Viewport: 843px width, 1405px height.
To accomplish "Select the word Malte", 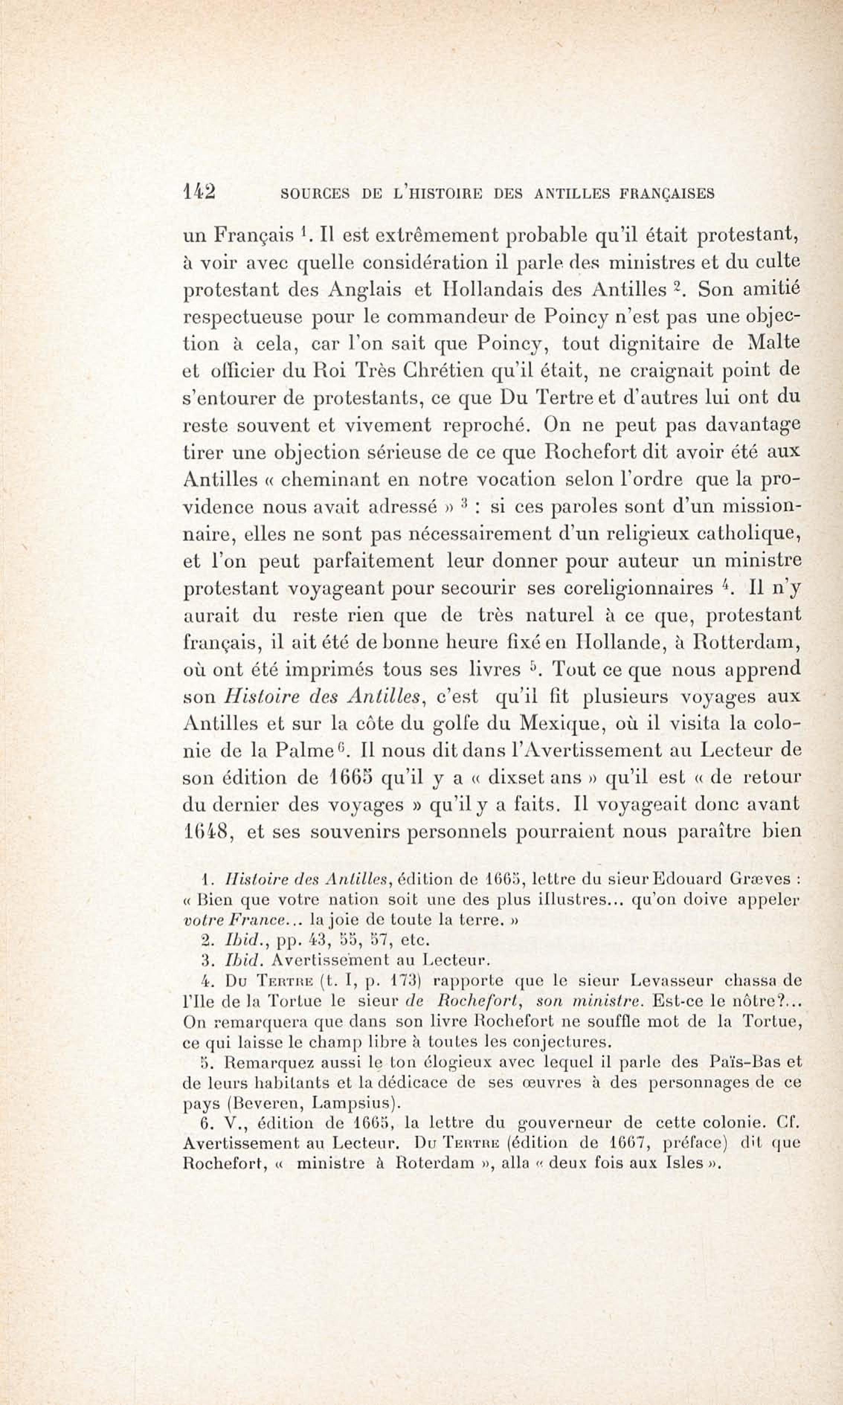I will pyautogui.click(x=773, y=344).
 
